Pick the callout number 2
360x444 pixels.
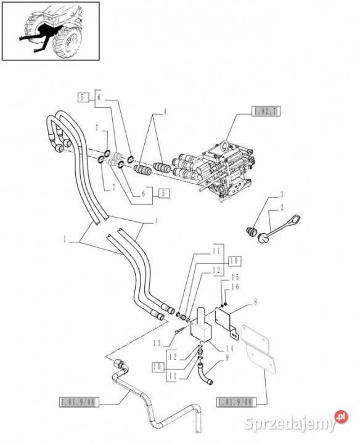pyautogui.click(x=280, y=208)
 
